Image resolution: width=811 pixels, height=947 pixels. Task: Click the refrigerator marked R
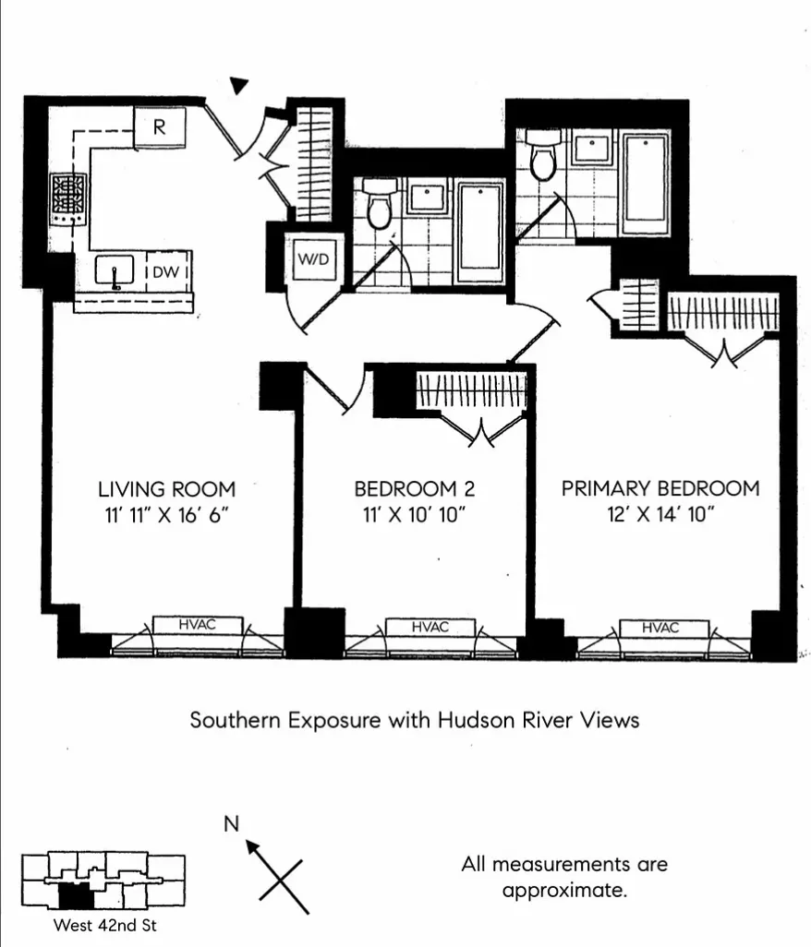pos(160,127)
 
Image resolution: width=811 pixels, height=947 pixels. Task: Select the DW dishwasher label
pos(165,271)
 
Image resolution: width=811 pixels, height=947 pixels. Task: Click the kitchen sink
pos(115,271)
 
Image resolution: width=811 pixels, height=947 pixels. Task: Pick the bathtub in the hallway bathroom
pos(480,231)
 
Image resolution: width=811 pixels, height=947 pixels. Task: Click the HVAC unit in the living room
pos(197,626)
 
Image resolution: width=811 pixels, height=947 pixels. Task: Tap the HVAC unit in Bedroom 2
pos(430,627)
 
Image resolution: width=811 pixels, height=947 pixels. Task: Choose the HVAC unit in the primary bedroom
pos(660,628)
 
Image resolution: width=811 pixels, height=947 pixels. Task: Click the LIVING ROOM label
pos(166,488)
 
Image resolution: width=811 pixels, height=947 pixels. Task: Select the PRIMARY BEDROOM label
pos(660,488)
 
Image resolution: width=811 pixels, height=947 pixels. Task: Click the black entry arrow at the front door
pos(240,86)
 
